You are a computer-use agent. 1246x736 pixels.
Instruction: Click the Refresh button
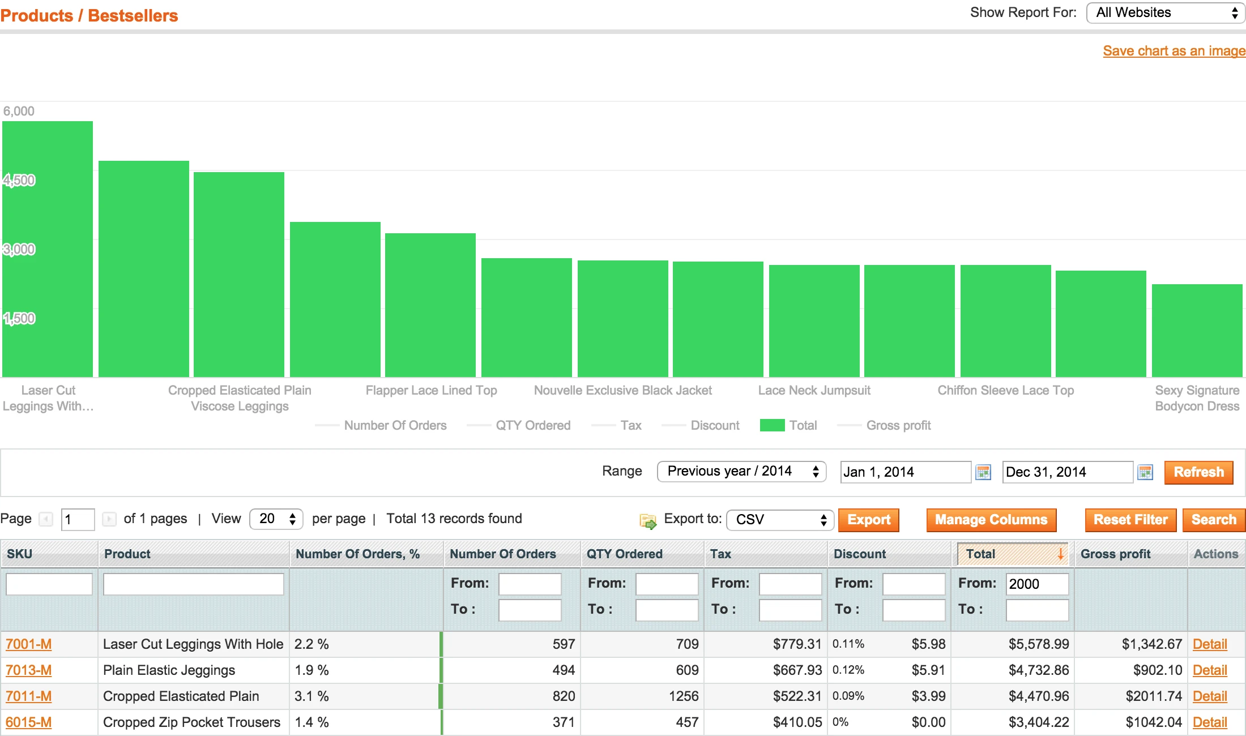1198,472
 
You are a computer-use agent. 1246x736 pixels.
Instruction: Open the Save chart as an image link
1174,51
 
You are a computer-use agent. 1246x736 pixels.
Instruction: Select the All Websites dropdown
1166,13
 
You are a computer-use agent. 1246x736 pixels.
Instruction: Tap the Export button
868,520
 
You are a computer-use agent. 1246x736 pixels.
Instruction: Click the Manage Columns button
991,520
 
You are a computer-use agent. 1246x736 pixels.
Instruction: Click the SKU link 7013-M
28,670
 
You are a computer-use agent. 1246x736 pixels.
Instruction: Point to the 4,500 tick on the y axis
19,181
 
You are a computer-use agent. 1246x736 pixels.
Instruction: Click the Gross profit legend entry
898,426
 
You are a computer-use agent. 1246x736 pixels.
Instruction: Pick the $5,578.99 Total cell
1039,644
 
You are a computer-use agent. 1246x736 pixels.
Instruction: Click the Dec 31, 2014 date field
1067,472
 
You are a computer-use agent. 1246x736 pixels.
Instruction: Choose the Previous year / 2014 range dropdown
741,472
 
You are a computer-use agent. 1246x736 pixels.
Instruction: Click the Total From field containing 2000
1036,584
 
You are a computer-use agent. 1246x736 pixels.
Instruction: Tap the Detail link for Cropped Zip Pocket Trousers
1210,722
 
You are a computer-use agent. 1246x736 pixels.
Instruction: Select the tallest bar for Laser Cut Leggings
48,249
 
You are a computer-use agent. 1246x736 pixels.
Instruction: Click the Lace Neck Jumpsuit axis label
814,391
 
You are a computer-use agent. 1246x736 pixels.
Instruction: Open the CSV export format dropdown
780,520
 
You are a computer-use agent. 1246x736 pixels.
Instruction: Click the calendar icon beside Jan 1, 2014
983,472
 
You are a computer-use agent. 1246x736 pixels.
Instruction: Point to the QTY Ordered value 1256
684,696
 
